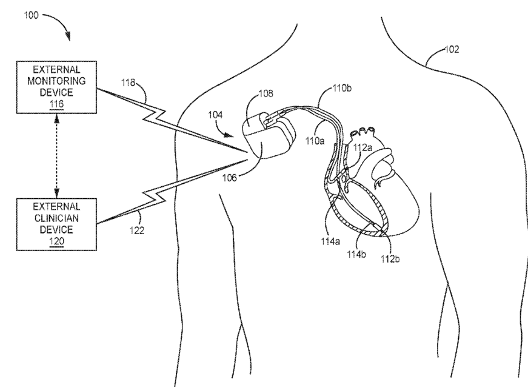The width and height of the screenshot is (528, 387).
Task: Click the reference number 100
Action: pos(32,14)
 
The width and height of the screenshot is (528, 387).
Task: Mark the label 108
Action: pos(266,94)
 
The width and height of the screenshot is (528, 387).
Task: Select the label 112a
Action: pos(363,147)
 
